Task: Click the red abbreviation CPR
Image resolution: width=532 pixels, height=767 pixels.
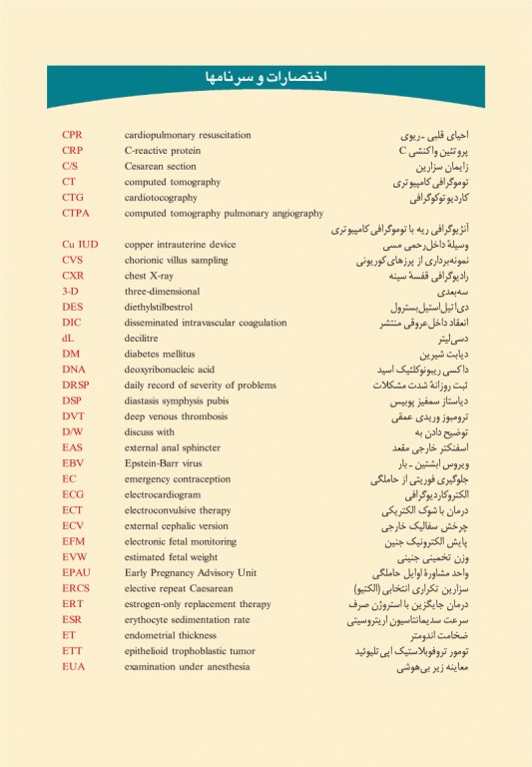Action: coord(73,135)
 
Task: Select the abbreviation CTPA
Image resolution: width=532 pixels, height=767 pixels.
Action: coord(77,214)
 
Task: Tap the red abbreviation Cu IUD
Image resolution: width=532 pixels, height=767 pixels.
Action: coord(80,244)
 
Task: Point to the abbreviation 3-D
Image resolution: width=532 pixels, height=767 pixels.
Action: coord(71,291)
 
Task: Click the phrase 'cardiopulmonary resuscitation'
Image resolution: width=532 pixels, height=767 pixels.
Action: coord(188,135)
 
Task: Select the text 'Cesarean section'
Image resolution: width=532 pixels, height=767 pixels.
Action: coord(161,167)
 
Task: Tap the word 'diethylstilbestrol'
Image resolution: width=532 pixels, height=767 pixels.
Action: coord(163,307)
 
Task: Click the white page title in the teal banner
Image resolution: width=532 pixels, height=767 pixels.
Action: coord(266,78)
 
